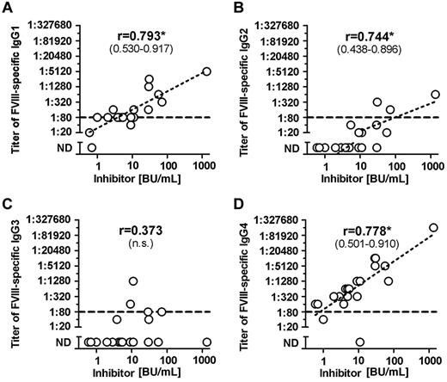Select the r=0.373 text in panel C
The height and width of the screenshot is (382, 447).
[x=144, y=231]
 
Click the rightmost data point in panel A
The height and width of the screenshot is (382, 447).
[x=205, y=71]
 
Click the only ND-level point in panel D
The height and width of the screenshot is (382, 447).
[x=359, y=342]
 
